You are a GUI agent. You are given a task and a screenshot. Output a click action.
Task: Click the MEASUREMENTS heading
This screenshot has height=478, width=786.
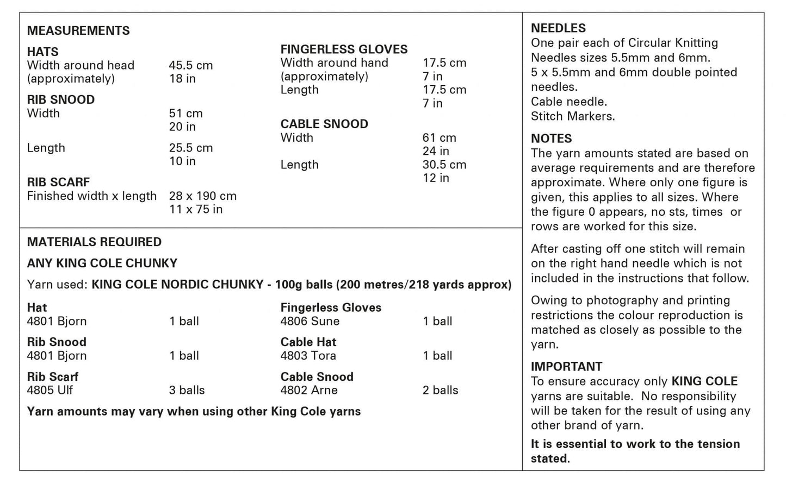click(x=78, y=30)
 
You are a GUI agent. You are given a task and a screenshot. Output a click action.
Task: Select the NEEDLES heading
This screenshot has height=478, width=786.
click(x=558, y=28)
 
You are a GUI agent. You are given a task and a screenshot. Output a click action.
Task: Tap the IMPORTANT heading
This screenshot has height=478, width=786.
click(x=566, y=367)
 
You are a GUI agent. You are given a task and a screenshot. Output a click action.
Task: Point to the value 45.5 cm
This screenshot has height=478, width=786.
click(x=190, y=65)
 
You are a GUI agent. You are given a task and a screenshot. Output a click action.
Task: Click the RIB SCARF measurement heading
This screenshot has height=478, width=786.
click(x=58, y=182)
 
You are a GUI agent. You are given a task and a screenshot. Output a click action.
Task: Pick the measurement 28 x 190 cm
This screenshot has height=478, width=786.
click(x=202, y=196)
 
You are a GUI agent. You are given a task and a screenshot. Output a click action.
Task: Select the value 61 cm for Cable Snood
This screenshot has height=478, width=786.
click(x=439, y=138)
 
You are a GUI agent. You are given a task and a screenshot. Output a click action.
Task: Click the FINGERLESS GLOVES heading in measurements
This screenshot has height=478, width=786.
click(x=344, y=49)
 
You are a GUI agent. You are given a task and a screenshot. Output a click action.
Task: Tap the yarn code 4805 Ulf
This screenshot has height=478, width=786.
click(x=49, y=390)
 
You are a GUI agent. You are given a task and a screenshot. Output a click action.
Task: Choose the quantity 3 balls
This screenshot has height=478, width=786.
click(x=187, y=390)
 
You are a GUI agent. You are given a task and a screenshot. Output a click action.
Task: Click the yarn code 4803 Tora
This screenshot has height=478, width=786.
click(x=308, y=356)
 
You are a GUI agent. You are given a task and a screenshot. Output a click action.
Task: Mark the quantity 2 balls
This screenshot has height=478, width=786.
click(x=440, y=390)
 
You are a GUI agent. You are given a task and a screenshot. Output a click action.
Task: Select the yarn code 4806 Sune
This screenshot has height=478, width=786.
click(x=310, y=321)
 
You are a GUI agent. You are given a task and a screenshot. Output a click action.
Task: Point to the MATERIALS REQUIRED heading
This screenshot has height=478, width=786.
click(x=94, y=242)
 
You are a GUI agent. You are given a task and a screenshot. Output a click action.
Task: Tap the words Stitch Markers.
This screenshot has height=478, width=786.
click(x=572, y=116)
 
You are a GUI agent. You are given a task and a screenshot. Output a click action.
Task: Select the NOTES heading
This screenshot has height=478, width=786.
click(x=551, y=139)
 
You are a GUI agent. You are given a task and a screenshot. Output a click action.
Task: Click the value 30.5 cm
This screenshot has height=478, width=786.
click(x=444, y=165)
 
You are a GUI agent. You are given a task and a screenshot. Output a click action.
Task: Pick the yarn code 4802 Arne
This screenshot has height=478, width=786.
click(x=308, y=390)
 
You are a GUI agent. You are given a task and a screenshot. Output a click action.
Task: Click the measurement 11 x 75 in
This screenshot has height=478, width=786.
click(x=195, y=209)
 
